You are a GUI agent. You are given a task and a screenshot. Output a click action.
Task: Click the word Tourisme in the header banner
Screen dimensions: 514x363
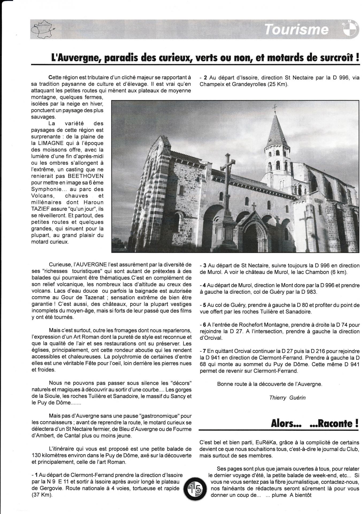296,29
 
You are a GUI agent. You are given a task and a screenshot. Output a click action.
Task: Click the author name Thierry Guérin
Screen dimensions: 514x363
287,397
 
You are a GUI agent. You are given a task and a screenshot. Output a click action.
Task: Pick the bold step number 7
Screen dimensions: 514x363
205,351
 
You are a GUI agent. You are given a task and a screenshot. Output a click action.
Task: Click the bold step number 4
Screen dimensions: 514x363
204,285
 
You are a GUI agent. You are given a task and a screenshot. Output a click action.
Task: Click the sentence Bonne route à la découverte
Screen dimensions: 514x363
270,384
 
